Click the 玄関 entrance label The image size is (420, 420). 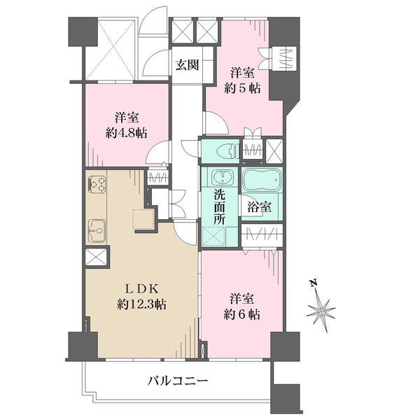[x=187, y=65]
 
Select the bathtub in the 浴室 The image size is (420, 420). [x=261, y=181]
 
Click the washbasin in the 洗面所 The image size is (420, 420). [x=222, y=177]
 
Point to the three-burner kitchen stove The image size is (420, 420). [x=96, y=184]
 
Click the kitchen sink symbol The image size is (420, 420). [x=97, y=230]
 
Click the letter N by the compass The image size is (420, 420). [x=314, y=283]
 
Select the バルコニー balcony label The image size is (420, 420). [x=178, y=381]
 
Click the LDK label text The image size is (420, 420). [x=143, y=289]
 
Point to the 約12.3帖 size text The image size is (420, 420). [x=141, y=304]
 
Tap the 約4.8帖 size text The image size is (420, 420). [x=127, y=132]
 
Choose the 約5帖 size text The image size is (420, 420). [x=242, y=88]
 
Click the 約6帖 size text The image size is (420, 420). [x=242, y=314]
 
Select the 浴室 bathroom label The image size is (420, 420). [x=259, y=206]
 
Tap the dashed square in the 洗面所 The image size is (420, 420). [x=214, y=237]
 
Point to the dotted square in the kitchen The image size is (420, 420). [x=143, y=219]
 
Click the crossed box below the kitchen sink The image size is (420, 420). [x=96, y=257]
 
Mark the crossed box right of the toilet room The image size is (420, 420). [x=274, y=150]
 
